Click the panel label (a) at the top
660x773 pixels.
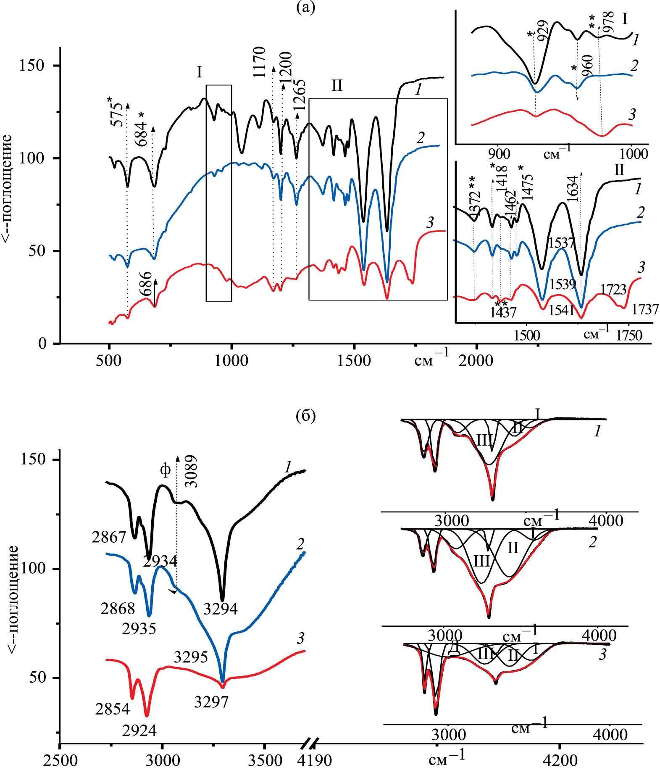[x=305, y=8]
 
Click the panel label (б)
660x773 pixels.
[x=305, y=416]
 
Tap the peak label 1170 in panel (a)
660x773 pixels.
[x=260, y=62]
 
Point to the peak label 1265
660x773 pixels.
[x=300, y=95]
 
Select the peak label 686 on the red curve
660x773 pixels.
[x=145, y=284]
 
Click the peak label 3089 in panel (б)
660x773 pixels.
[x=191, y=471]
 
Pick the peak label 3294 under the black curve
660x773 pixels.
[x=221, y=609]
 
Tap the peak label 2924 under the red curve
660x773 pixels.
[x=139, y=731]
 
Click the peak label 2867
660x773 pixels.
[x=109, y=537]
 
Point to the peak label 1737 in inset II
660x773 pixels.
[x=645, y=309]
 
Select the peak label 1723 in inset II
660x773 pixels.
[x=613, y=290]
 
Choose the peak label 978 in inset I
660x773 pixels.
[x=608, y=22]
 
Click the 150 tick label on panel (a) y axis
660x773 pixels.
[x=32, y=66]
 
